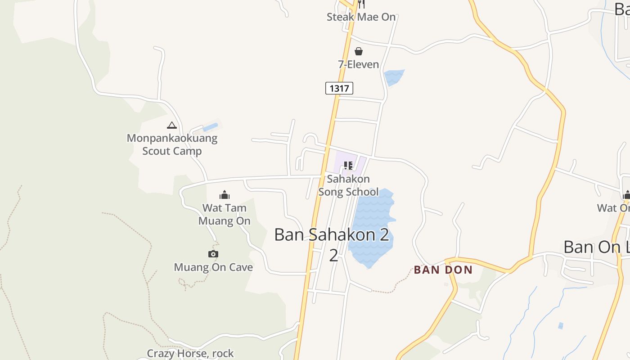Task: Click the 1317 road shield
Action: (339, 88)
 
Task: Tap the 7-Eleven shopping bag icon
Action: (359, 51)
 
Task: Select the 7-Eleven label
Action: (359, 64)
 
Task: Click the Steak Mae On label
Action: (361, 17)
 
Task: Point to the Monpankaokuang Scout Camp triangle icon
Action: (171, 125)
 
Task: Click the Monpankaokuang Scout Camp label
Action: (172, 144)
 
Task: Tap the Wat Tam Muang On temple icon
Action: (224, 195)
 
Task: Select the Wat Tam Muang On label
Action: (224, 214)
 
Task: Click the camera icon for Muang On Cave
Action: (213, 254)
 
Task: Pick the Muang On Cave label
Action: (213, 267)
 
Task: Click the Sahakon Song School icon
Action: (348, 166)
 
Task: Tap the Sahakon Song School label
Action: (348, 185)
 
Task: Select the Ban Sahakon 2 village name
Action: (332, 235)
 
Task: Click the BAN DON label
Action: (443, 270)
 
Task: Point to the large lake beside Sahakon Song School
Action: (371, 225)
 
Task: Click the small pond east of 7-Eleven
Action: (394, 76)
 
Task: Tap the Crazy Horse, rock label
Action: (190, 354)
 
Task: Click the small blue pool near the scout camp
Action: (210, 127)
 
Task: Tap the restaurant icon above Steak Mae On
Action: (361, 4)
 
